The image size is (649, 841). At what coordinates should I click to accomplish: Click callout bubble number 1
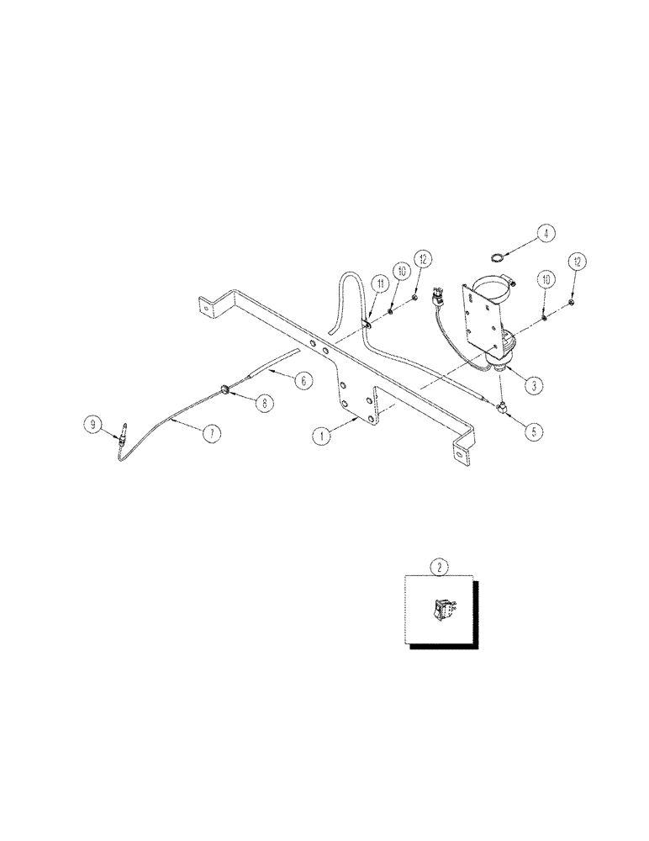(x=319, y=436)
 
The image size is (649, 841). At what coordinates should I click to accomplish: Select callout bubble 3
(x=531, y=386)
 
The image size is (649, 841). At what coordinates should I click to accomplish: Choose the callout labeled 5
(x=531, y=433)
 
